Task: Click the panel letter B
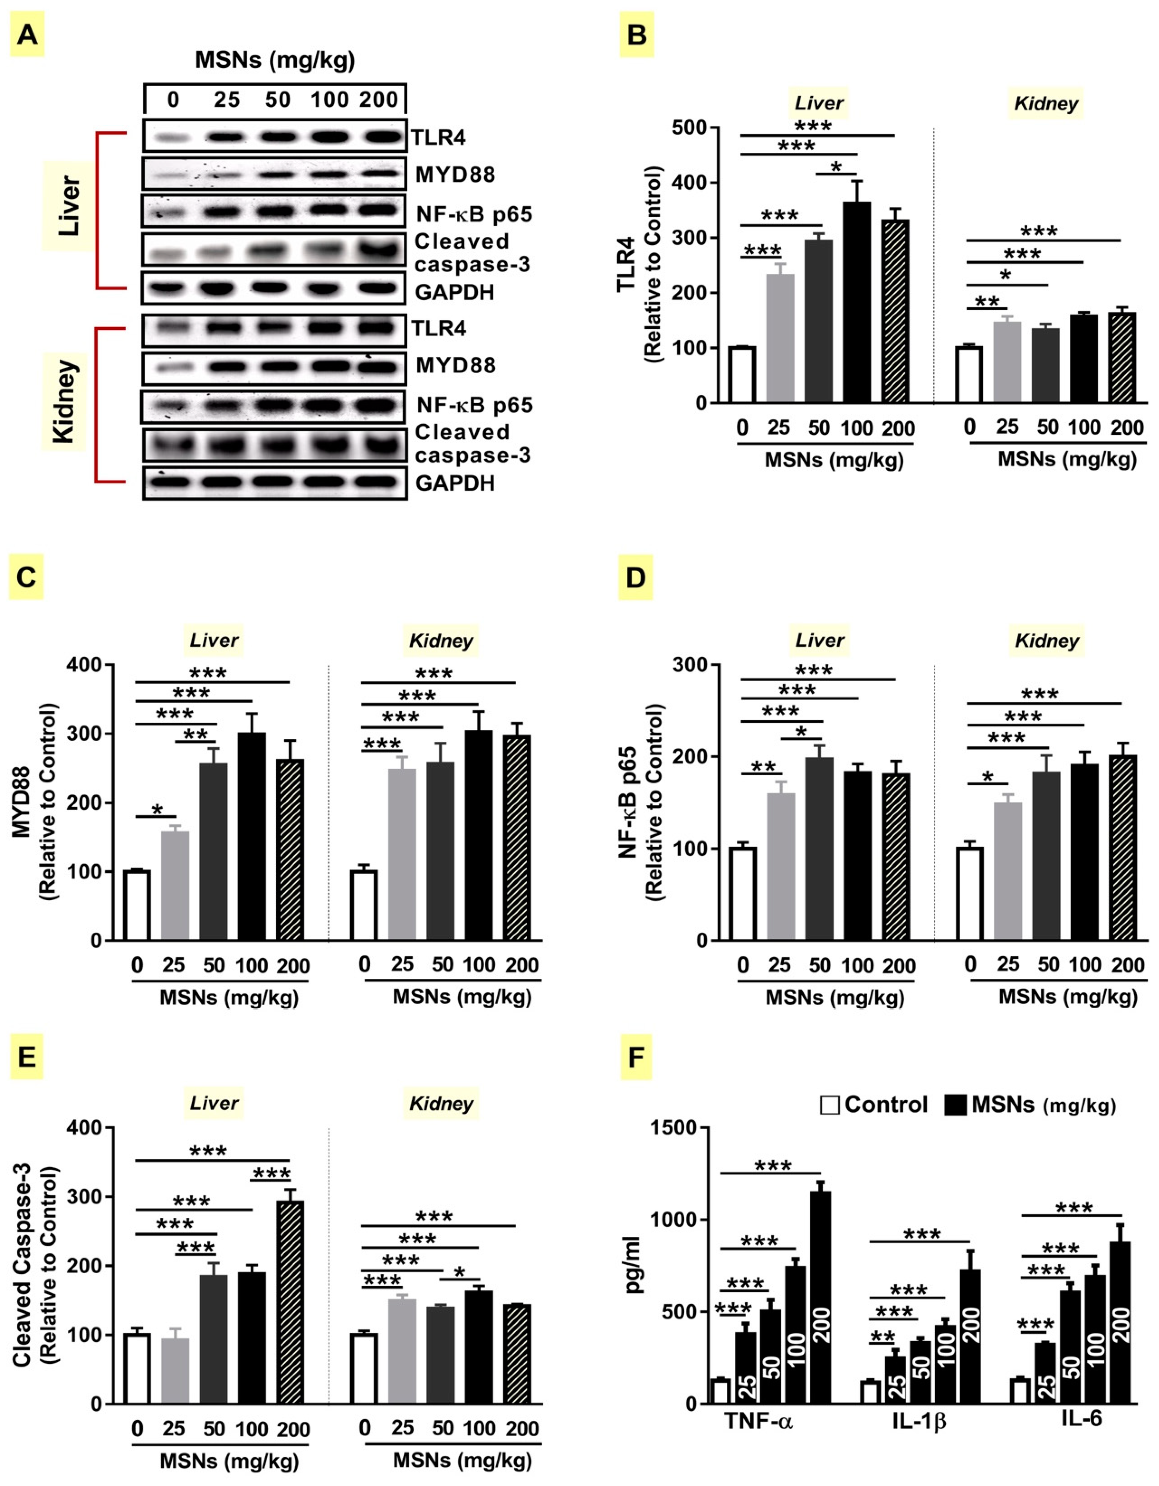(636, 34)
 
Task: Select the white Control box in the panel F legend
(829, 1104)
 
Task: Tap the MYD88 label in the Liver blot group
(455, 175)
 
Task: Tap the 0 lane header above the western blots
(173, 100)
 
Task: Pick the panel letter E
(26, 1057)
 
